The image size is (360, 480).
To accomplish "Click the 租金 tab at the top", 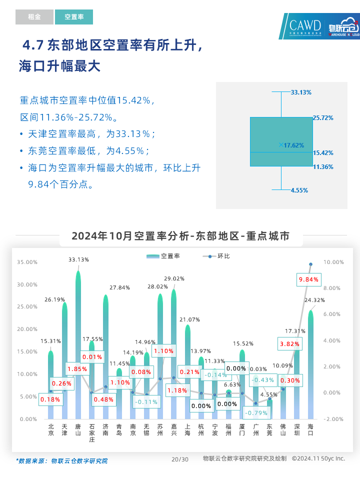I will [34, 17].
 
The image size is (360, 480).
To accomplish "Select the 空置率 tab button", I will [74, 17].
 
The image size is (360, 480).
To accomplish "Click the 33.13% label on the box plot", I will [301, 92].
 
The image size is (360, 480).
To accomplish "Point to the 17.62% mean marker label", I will [293, 145].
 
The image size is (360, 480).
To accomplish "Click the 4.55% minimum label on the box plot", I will [299, 190].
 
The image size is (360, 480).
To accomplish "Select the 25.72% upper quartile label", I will [323, 118].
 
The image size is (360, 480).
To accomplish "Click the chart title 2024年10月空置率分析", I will [180, 236].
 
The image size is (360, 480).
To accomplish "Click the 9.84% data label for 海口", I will [308, 279].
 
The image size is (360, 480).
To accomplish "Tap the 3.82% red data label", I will [289, 344].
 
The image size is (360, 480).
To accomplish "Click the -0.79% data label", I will [255, 413].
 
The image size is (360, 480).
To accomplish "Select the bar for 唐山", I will [78, 345].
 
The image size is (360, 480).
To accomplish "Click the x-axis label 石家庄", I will [92, 433].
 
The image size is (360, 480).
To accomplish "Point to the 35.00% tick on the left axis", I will [27, 262].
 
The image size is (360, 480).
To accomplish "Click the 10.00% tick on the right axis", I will [334, 262].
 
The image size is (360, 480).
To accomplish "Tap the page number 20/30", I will [180, 459].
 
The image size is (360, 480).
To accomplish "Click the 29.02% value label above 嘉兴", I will [174, 278].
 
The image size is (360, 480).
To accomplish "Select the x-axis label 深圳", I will [297, 430].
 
